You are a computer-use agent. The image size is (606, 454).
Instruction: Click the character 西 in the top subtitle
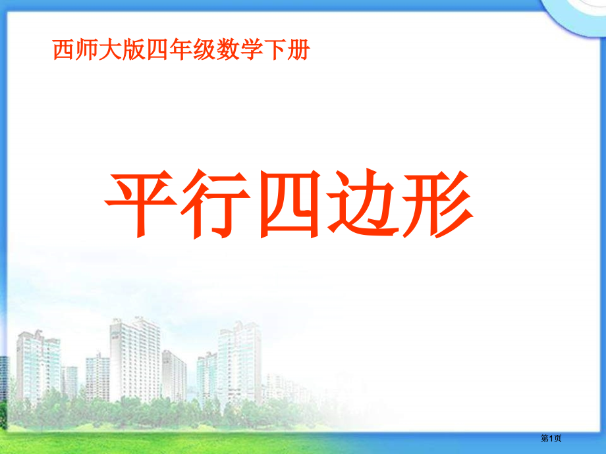64,51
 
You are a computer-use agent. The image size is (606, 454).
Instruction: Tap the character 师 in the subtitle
87,51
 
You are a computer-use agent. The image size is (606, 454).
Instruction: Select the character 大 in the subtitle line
111,51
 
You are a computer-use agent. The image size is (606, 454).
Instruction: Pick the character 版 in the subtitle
134,51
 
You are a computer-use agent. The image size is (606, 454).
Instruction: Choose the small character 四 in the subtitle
157,51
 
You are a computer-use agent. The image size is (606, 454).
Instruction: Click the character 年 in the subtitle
180,51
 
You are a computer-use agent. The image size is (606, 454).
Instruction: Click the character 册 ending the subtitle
297,51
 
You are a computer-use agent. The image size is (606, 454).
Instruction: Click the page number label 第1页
551,439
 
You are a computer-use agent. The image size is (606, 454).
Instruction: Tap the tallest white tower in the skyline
134,359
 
